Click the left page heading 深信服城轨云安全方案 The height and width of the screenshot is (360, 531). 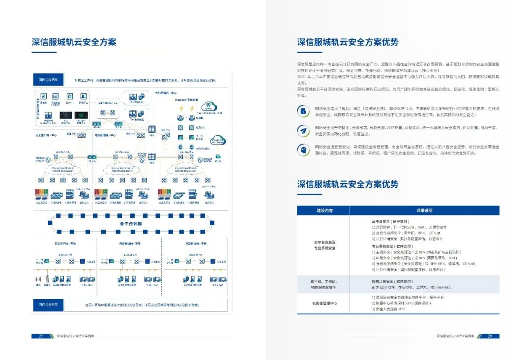pyautogui.click(x=74, y=42)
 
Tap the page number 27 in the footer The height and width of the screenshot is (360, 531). pyautogui.click(x=41, y=336)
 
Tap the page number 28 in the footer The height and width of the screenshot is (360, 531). pyautogui.click(x=490, y=336)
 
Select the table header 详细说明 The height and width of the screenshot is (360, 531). pyautogui.click(x=424, y=210)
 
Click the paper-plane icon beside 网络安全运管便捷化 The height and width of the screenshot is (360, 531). pyautogui.click(x=302, y=130)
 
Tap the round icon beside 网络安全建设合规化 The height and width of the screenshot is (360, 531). pyautogui.click(x=302, y=111)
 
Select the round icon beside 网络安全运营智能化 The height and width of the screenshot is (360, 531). pyautogui.click(x=302, y=150)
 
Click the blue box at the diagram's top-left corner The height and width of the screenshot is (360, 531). pyautogui.click(x=48, y=80)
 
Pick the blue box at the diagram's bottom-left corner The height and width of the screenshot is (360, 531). pyautogui.click(x=48, y=305)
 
